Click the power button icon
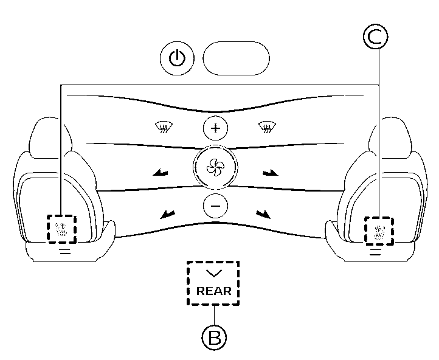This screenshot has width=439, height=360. click(177, 58)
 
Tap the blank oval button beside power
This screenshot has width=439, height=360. click(236, 58)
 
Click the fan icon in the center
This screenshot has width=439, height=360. click(214, 165)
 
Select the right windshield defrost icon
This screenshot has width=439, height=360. click(266, 127)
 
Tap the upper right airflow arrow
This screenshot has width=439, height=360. click(270, 174)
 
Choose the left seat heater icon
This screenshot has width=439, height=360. click(61, 230)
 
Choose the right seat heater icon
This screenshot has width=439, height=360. click(379, 231)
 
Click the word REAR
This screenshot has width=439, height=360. click(213, 291)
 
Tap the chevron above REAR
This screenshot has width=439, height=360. click(213, 274)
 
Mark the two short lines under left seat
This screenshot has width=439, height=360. click(65, 251)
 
